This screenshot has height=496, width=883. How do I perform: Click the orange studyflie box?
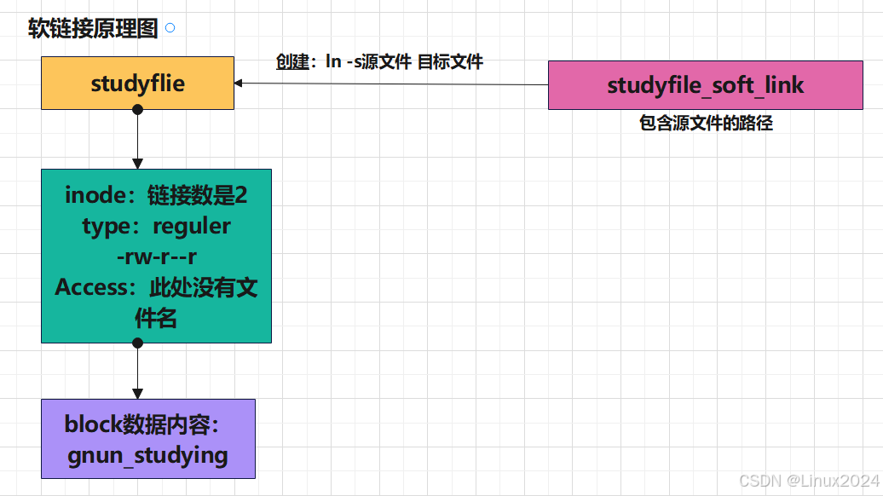click(x=137, y=84)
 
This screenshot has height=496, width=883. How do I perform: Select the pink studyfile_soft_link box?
click(x=705, y=85)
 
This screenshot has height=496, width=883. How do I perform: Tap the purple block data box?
click(x=147, y=438)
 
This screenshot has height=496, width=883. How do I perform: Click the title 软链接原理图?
click(x=93, y=29)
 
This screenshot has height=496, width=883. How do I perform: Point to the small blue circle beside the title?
click(x=170, y=28)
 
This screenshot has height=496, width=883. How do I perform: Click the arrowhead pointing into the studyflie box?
click(x=240, y=83)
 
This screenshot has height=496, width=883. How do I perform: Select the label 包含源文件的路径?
click(x=706, y=124)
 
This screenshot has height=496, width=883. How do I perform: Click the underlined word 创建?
click(x=291, y=61)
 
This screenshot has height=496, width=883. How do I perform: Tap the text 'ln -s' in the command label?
click(x=343, y=61)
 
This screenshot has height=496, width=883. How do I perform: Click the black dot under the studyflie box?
click(x=137, y=109)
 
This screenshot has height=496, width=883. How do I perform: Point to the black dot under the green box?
click(x=137, y=343)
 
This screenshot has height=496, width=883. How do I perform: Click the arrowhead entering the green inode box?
click(x=137, y=164)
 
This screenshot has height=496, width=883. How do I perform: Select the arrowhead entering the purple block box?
click(x=137, y=394)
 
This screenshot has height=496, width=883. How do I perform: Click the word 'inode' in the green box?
click(x=95, y=195)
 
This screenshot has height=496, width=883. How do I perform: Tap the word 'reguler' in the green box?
click(x=192, y=226)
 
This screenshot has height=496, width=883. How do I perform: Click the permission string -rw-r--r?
click(x=156, y=257)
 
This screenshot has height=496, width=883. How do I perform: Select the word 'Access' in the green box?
click(x=91, y=287)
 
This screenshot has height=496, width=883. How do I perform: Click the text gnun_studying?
click(x=147, y=455)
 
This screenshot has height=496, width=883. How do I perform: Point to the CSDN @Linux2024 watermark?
click(x=807, y=482)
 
